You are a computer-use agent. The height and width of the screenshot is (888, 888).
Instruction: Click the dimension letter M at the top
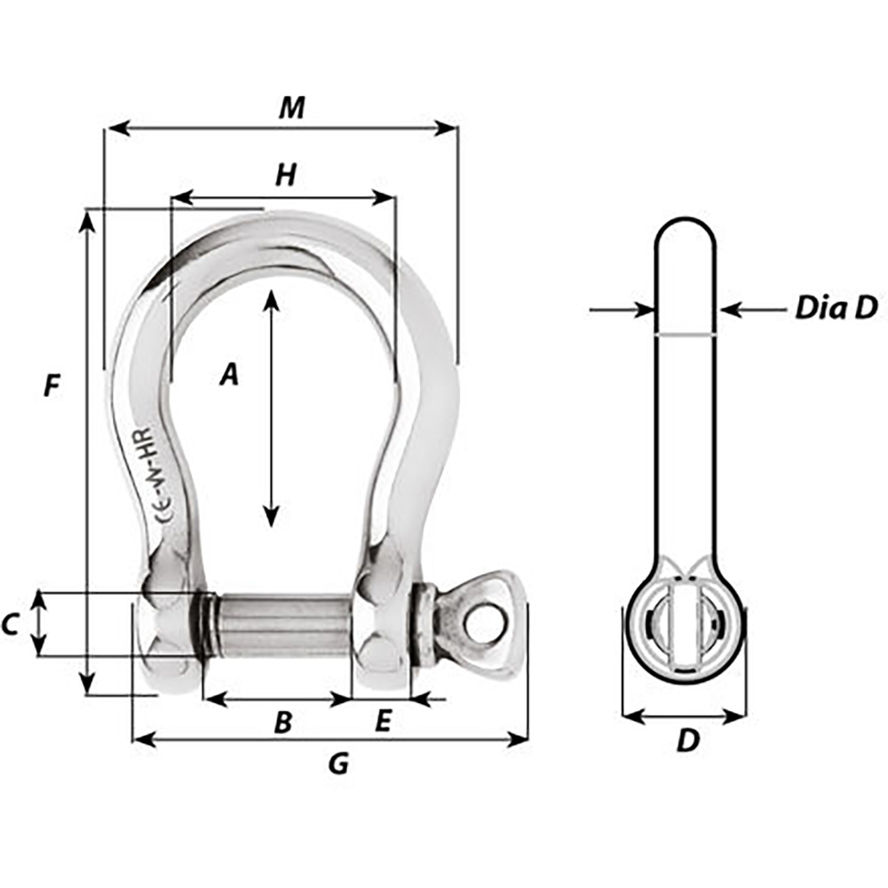coord(291,107)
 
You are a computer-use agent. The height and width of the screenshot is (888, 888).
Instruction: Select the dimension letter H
coord(284,176)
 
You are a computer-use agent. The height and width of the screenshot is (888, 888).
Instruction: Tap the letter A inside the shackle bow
coord(229,376)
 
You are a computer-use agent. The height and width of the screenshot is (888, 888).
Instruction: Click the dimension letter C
coord(10,626)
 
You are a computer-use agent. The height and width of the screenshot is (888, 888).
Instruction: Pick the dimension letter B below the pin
coord(282,723)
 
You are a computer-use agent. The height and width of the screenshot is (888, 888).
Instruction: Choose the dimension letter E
coord(383,722)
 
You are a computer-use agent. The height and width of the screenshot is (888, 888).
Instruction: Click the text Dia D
coord(835,308)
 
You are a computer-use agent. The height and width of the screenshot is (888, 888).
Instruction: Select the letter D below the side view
coord(687,741)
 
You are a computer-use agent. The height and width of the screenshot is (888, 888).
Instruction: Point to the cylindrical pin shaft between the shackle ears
coord(280,625)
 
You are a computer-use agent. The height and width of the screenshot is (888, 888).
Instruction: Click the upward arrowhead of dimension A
coord(272,297)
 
